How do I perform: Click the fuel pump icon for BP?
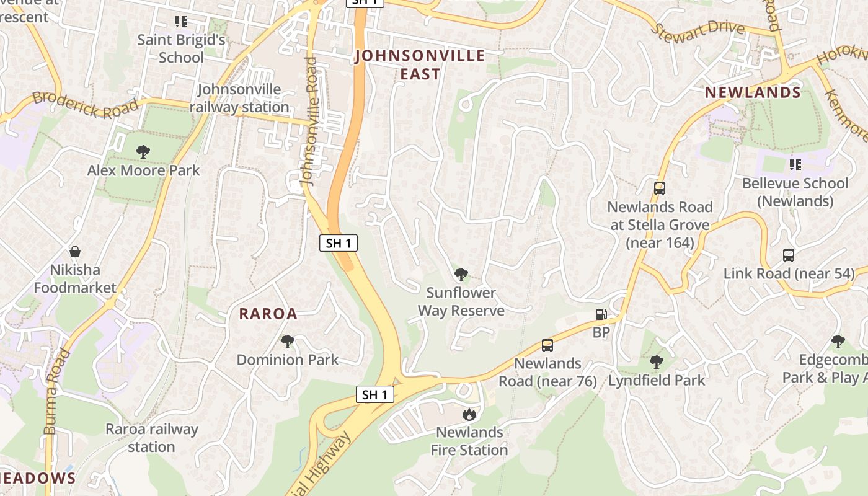pyautogui.click(x=600, y=314)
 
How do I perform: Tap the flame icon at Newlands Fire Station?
pyautogui.click(x=469, y=414)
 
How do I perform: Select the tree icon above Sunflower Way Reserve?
pyautogui.click(x=461, y=274)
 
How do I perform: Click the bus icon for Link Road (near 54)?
pyautogui.click(x=788, y=255)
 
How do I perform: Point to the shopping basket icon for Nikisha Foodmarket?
pyautogui.click(x=75, y=252)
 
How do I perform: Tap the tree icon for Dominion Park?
pyautogui.click(x=287, y=341)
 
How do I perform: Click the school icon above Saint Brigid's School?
pyautogui.click(x=180, y=22)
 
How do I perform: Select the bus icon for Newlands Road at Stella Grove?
pyautogui.click(x=660, y=188)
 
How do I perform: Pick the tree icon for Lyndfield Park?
pyautogui.click(x=656, y=361)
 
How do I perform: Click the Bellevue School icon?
pyautogui.click(x=795, y=165)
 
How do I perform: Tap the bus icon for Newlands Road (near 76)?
pyautogui.click(x=547, y=345)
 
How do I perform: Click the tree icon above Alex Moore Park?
pyautogui.click(x=143, y=151)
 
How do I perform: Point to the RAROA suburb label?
pyautogui.click(x=268, y=314)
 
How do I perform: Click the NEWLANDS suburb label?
pyautogui.click(x=753, y=93)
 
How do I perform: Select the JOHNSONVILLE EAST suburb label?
pyautogui.click(x=420, y=65)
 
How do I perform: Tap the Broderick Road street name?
pyautogui.click(x=85, y=104)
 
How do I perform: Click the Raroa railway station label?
pyautogui.click(x=151, y=438)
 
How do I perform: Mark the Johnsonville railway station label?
pyautogui.click(x=239, y=98)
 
